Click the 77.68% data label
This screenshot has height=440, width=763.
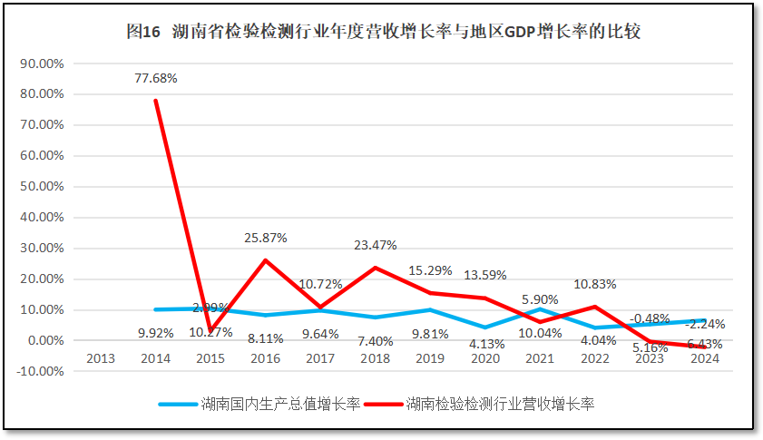pos(155,78)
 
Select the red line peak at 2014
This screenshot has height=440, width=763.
pos(155,101)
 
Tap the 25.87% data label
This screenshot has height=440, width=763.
pos(266,238)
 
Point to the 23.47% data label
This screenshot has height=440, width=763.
pos(376,245)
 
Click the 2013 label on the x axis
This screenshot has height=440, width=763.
pos(100,358)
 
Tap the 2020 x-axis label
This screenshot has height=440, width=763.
pos(485,358)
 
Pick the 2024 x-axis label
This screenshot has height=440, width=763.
pos(705,358)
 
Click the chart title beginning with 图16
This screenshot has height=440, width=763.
pos(384,31)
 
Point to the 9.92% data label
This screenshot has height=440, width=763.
pos(156,333)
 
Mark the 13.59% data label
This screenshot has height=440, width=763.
pos(485,275)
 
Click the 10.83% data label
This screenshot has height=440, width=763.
pos(595,284)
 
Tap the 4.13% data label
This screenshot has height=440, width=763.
pos(486,344)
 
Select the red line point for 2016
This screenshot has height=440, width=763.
pos(266,260)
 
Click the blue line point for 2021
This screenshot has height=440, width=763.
pos(541,309)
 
